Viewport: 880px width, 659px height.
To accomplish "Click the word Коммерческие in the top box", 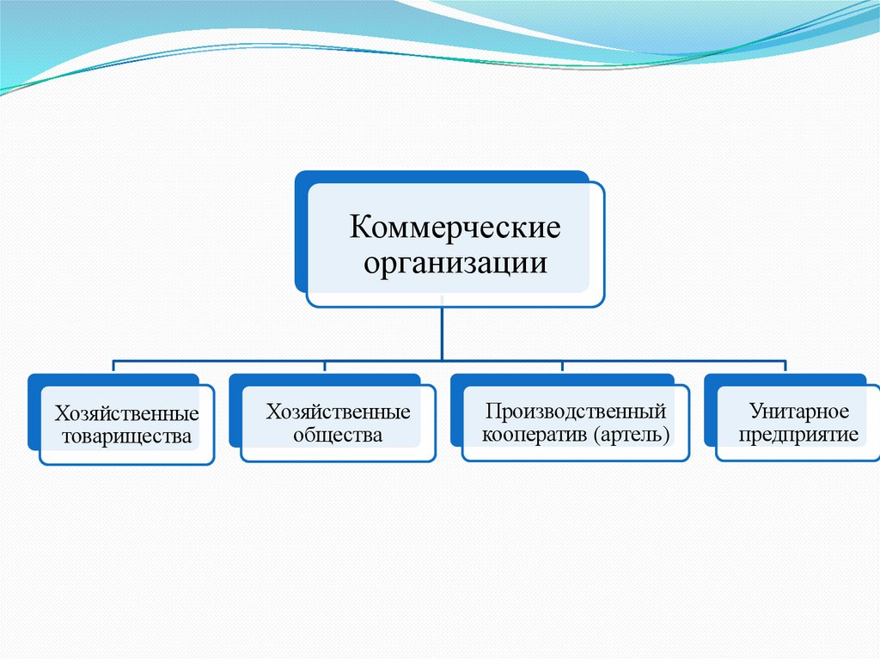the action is click(x=455, y=229).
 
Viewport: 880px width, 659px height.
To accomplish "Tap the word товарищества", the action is click(x=126, y=436).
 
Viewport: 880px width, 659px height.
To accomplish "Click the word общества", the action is click(x=338, y=435).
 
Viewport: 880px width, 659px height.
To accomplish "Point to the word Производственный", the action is click(x=575, y=412).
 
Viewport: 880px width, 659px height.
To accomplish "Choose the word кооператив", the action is click(x=534, y=435).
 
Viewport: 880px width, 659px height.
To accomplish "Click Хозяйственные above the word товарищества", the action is click(x=127, y=414).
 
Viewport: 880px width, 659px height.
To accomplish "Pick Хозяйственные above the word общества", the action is click(x=338, y=412).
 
